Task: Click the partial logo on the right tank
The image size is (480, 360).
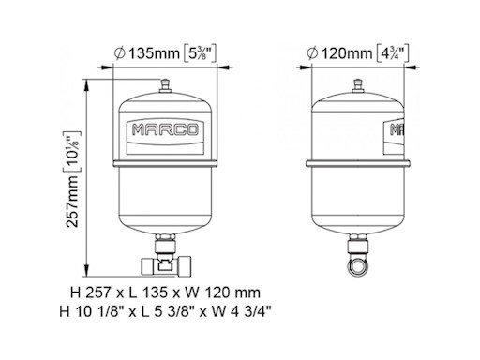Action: [396, 128]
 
